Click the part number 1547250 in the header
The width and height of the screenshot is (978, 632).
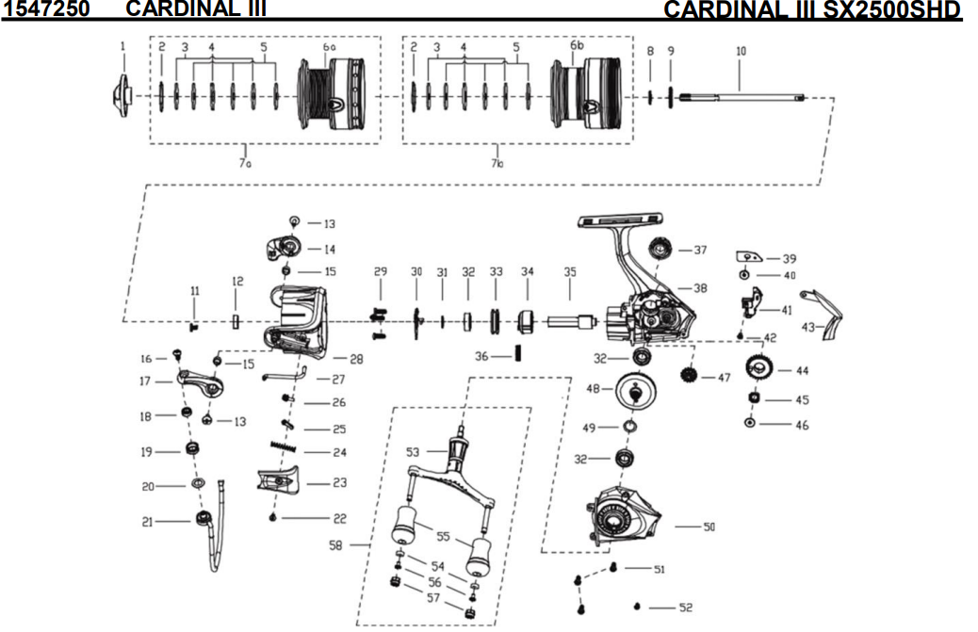[x=46, y=9]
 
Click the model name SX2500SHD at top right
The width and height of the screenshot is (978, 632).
[x=886, y=10]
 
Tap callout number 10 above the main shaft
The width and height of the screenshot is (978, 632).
[x=741, y=51]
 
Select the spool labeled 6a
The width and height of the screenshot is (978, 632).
[x=331, y=93]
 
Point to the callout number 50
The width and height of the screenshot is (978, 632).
[x=709, y=527]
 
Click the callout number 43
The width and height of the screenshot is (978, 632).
[x=807, y=327]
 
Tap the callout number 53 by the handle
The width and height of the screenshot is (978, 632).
[x=413, y=453]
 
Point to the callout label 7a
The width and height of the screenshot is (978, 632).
[x=245, y=163]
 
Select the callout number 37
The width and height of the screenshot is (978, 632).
[x=700, y=251]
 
